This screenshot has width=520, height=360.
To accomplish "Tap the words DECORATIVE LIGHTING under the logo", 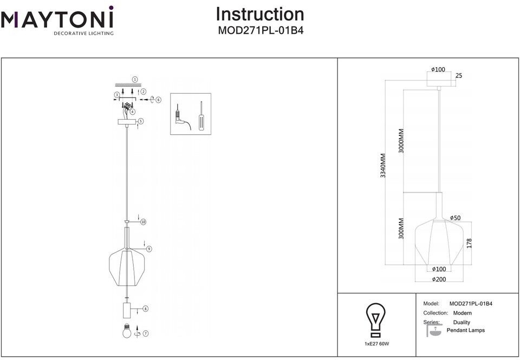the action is [x=83, y=34].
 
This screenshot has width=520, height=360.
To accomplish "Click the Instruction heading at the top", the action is [x=260, y=14].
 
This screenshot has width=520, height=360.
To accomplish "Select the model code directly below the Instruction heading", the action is [x=260, y=31].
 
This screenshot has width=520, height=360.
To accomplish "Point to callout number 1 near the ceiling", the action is [x=135, y=79].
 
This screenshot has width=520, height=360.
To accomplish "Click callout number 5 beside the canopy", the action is [x=140, y=121].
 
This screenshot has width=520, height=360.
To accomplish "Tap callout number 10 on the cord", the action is [x=144, y=222].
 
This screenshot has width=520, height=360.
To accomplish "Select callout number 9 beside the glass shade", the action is [x=148, y=249].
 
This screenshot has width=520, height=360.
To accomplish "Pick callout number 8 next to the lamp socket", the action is [x=145, y=309].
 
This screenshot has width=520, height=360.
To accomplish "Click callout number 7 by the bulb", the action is [x=145, y=333].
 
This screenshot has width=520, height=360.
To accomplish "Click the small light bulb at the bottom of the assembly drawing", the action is [x=126, y=331].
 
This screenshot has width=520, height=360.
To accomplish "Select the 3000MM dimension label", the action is [x=401, y=141].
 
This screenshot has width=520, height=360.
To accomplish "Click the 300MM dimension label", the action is [x=401, y=228].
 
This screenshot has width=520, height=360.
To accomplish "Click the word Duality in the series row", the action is [x=461, y=322].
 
